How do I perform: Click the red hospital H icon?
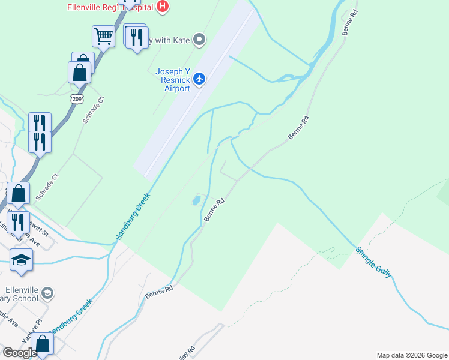pos(162,7)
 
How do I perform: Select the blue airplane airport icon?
pos(200,79)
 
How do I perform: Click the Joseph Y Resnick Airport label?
pos(173,80)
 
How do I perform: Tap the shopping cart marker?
pos(103,36)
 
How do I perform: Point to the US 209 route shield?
pos(76,98)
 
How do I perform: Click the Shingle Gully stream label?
pos(373,262)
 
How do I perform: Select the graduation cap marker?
pos(21,260)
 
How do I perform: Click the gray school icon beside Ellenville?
pos(47,293)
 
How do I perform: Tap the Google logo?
pos(19,352)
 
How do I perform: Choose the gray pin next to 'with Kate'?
pos(200,40)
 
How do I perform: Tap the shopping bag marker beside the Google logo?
pos(42,345)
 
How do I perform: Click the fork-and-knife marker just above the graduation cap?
pos(18,221)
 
